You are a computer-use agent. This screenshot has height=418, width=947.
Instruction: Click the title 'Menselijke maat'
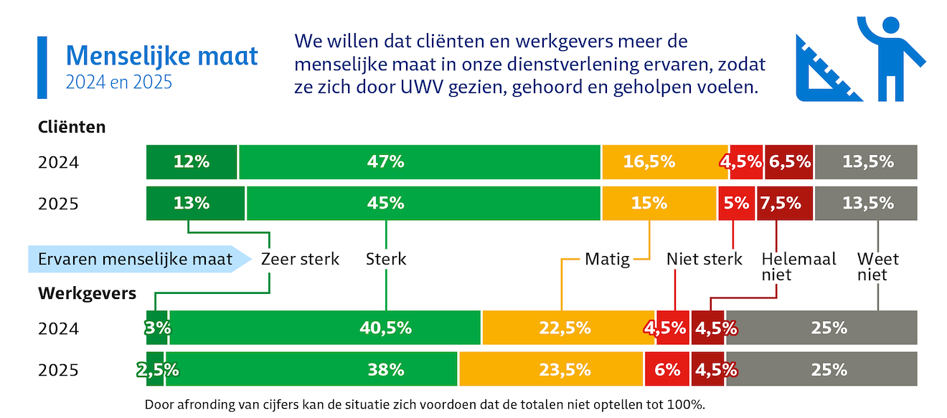pos(161,56)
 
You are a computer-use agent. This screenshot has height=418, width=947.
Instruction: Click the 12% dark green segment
pos(192,162)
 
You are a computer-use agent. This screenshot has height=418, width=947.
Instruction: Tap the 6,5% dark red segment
pos(789,162)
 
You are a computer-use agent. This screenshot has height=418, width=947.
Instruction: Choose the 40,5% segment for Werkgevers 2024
pos(325,328)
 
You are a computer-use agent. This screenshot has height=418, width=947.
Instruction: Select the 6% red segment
pos(667,370)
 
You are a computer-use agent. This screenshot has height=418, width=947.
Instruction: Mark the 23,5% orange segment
pos(551,370)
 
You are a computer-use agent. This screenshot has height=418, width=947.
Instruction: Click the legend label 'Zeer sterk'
pos(300,259)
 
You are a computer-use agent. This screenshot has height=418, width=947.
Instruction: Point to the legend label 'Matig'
pos(607,259)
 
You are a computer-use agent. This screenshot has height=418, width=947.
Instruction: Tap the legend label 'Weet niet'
pos(877,266)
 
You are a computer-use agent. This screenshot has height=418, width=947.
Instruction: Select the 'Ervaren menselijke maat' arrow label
pos(136,259)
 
